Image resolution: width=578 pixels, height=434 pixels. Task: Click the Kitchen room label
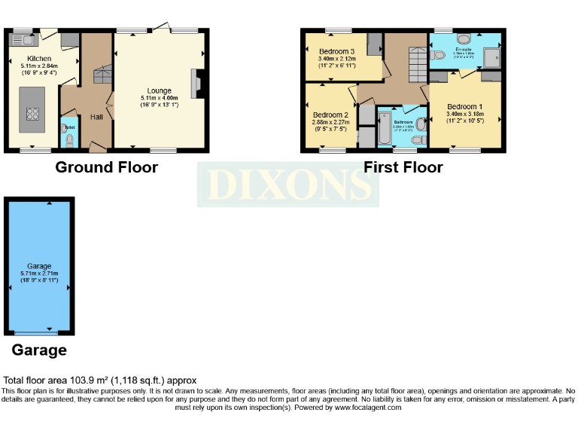(39, 59)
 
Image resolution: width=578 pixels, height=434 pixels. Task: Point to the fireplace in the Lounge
(197, 84)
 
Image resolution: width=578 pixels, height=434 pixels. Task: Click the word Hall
(97, 117)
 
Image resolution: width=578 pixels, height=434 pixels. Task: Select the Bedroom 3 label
(337, 50)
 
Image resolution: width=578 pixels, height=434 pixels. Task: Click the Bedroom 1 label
(465, 106)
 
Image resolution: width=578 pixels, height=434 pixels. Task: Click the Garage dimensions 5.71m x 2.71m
(39, 274)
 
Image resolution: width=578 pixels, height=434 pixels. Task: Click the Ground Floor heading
(106, 167)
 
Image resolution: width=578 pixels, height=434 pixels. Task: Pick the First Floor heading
(403, 167)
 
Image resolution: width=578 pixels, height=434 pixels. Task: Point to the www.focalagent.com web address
(359, 407)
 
